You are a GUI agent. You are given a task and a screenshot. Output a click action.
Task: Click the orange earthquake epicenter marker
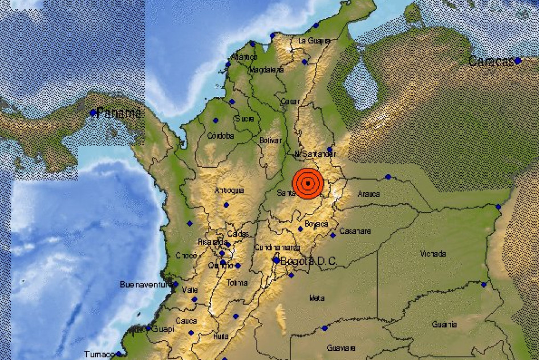pos(308,183)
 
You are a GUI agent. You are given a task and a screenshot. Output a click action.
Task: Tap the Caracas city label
pos(491,62)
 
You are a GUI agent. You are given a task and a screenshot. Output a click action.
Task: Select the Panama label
pos(119,113)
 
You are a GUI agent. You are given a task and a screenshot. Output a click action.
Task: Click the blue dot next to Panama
pos(93,113)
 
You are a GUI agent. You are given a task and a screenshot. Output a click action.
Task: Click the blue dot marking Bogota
pos(276,260)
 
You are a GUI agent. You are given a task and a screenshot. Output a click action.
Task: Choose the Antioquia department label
pos(229,190)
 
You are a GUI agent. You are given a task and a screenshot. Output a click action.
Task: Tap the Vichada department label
pos(433,253)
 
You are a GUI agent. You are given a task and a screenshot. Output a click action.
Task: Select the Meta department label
pos(317,298)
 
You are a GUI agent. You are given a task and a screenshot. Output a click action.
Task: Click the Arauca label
pos(368,194)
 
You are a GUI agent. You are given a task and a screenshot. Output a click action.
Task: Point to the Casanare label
pos(355,231)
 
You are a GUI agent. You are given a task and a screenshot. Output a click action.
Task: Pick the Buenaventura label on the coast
pos(146,284)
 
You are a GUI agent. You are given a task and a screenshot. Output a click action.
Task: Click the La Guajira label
pos(315,41)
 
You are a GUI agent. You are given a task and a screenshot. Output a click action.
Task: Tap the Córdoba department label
pos(221,136)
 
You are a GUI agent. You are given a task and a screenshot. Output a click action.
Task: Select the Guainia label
pos(444,325)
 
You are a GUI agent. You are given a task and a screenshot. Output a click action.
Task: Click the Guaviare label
pos(341,347)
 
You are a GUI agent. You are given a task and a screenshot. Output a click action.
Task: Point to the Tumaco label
pos(99,354)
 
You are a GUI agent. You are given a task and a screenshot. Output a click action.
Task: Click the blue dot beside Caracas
pos(517,60)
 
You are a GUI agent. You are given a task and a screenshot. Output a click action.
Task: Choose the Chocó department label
pos(186,256)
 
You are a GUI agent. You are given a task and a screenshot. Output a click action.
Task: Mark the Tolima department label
pos(237,282)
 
